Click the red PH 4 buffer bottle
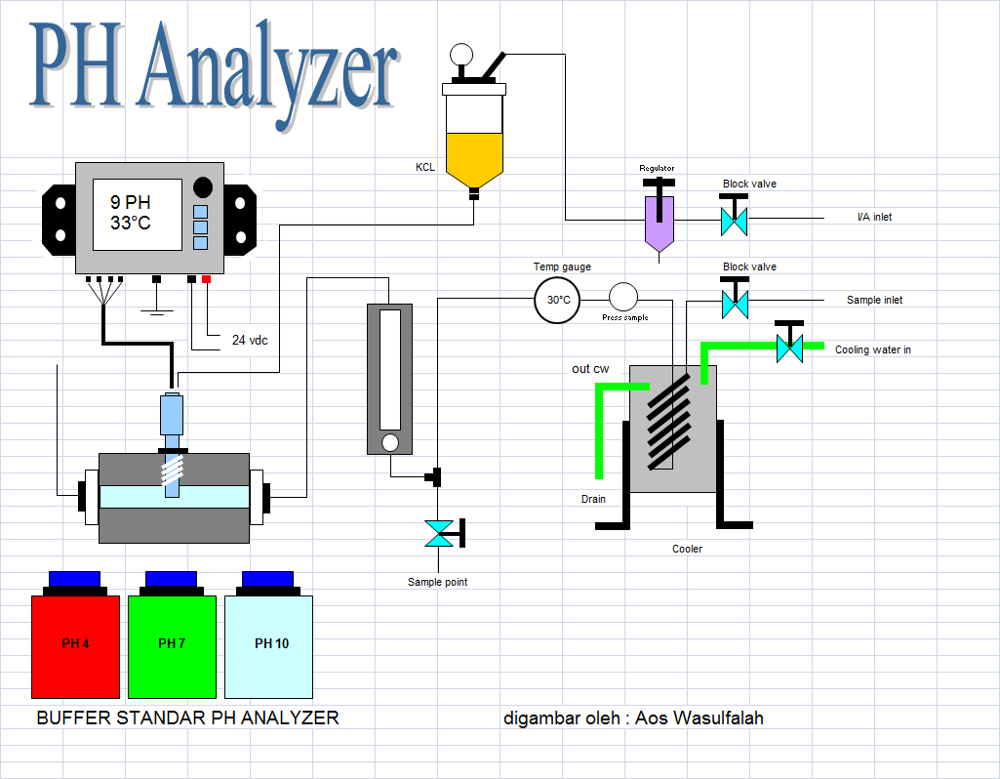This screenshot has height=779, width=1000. tap(75, 646)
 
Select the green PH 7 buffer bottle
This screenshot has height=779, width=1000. tap(172, 646)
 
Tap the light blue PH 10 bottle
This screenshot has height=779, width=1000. tap(268, 646)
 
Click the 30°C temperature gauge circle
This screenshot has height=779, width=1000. tap(557, 300)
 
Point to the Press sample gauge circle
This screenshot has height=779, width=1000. tap(623, 298)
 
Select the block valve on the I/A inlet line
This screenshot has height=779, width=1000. tap(734, 222)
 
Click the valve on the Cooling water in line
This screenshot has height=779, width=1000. tap(789, 348)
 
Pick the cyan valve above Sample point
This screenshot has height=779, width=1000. tap(439, 534)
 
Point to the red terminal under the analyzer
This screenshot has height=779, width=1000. tap(206, 279)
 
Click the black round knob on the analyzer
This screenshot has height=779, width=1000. tap(203, 187)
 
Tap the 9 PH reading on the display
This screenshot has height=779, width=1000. tap(131, 202)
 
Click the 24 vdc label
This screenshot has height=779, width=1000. tap(250, 340)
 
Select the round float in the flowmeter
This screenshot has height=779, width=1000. tap(389, 442)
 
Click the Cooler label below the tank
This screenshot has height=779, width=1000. tap(687, 549)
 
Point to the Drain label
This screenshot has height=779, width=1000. tap(593, 499)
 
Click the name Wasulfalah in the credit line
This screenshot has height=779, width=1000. tap(718, 718)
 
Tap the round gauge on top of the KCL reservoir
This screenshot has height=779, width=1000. tap(461, 55)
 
